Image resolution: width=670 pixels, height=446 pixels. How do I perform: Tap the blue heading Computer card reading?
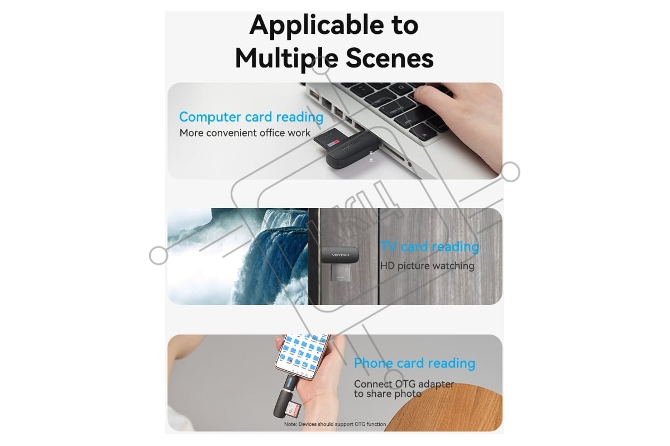[x=251, y=117]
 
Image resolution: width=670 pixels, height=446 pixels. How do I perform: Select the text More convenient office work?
[x=245, y=133]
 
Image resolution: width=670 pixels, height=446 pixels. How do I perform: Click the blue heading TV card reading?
[x=429, y=247]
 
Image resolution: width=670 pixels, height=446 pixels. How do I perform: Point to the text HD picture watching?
[x=427, y=266]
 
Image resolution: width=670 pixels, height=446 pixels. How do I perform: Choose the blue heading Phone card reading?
[x=414, y=363]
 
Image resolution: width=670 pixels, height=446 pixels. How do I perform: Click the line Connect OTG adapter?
[x=404, y=384]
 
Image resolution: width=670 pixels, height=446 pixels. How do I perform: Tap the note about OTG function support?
[x=335, y=424]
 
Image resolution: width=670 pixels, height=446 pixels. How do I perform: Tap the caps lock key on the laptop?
[x=398, y=110]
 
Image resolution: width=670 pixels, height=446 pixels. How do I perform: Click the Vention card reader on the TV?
[x=340, y=255]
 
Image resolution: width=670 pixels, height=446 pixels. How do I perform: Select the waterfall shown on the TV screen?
[x=238, y=256]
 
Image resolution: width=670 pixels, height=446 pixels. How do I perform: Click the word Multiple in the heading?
[x=286, y=59]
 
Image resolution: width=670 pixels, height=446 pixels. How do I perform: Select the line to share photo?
[x=387, y=394]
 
